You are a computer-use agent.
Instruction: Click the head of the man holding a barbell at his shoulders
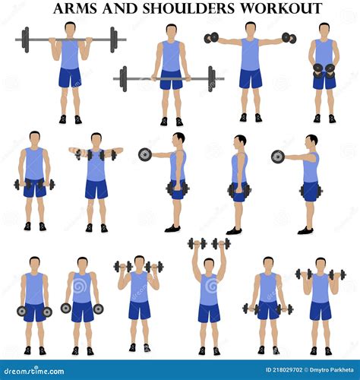(70, 28)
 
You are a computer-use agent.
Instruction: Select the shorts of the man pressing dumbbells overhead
(209, 312)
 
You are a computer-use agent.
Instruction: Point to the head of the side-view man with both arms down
(240, 142)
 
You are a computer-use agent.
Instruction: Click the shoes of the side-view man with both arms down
(235, 230)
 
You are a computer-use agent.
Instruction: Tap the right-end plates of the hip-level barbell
(211, 78)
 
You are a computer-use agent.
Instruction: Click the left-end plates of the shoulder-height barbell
(26, 39)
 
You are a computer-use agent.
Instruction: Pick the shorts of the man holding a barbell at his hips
(171, 80)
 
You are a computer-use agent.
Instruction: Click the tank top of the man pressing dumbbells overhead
(209, 289)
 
